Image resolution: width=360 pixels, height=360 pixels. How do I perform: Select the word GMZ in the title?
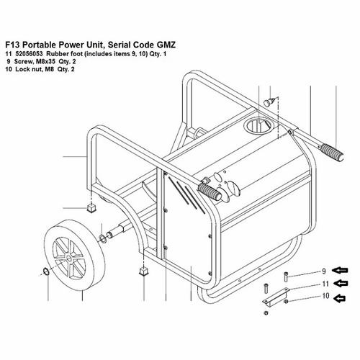point(166,45)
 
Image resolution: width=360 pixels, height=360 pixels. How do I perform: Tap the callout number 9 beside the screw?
point(324,271)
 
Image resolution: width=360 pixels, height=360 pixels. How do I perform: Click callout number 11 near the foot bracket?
point(325,284)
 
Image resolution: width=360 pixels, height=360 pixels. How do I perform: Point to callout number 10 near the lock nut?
point(325,296)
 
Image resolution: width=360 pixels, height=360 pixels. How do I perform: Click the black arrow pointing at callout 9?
point(340,271)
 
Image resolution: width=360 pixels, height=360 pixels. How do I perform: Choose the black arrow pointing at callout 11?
point(341,284)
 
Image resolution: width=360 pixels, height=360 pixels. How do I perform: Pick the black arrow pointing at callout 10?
point(339,298)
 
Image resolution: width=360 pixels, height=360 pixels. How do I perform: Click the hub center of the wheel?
point(69,258)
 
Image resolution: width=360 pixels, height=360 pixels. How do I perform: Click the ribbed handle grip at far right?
point(332,153)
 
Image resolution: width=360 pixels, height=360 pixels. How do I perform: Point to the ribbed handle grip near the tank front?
point(210,192)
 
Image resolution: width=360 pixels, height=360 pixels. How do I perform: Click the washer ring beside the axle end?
point(103,239)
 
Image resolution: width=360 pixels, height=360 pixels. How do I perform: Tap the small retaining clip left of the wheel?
point(46,271)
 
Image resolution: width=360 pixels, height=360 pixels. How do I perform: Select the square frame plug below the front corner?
point(143,271)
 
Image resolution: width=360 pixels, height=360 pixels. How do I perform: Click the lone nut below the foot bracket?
point(266,312)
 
